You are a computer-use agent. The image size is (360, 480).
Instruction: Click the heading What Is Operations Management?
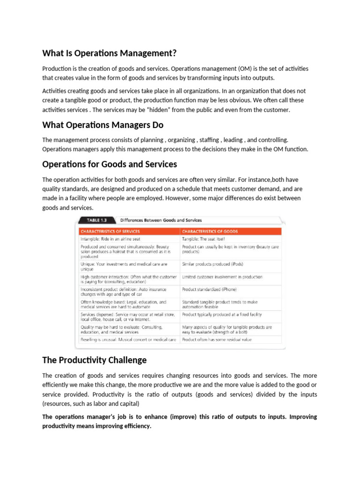(x=110, y=52)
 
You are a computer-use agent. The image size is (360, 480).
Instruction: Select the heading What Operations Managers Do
(x=103, y=125)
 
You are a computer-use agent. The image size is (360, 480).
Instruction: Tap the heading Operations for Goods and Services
(x=110, y=164)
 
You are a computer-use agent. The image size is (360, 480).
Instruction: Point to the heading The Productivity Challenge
(x=94, y=360)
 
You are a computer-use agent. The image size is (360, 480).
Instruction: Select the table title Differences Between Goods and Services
(x=161, y=220)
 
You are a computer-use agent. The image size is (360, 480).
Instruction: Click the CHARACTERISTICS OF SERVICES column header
(x=110, y=231)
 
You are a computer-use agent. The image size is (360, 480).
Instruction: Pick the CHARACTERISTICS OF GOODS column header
(x=210, y=231)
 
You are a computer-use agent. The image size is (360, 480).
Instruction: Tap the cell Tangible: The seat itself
(x=203, y=239)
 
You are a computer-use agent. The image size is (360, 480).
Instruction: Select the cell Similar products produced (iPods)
(x=212, y=264)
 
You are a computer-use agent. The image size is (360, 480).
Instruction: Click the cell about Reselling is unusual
(x=128, y=339)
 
